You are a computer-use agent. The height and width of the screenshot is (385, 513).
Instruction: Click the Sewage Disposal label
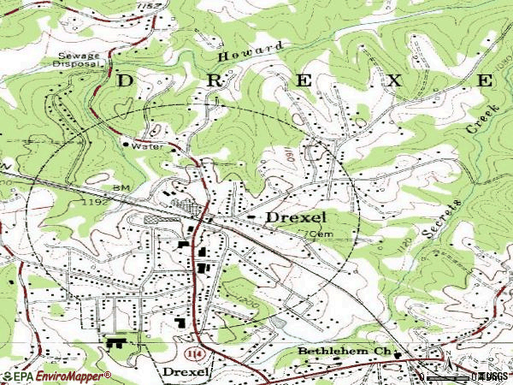click(76, 59)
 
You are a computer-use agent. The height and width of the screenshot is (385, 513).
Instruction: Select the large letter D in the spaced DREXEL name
click(125, 81)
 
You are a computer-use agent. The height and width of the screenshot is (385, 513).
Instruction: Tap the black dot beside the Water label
click(126, 145)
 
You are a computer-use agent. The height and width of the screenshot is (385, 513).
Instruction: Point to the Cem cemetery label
click(319, 234)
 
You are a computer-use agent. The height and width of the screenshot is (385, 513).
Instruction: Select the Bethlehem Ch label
click(344, 352)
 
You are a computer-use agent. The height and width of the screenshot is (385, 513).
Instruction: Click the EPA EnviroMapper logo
click(56, 376)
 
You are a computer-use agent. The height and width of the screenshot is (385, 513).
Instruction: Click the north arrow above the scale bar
click(445, 358)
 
